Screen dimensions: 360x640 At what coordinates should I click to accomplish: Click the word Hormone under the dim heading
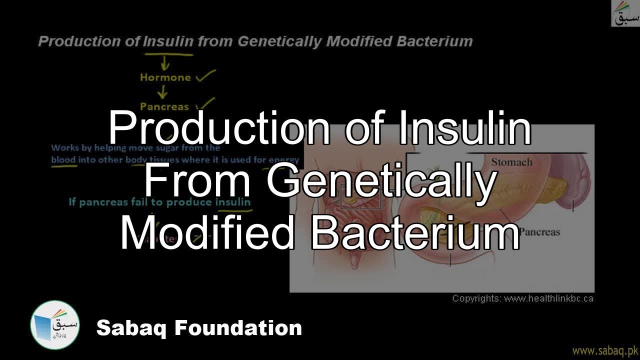point(165,77)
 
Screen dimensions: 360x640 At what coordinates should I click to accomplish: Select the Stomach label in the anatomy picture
point(511,162)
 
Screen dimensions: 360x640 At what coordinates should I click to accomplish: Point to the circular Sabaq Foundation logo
point(55,325)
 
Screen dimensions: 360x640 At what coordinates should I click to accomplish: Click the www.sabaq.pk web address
point(604,349)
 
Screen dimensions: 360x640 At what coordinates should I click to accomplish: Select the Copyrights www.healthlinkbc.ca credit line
point(522,298)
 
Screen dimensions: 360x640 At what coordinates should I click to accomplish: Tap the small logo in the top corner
point(625,14)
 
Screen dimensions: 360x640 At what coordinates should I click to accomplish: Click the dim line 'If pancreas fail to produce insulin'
point(159,202)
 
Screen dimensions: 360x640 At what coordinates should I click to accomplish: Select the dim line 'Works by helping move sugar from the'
point(135,148)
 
